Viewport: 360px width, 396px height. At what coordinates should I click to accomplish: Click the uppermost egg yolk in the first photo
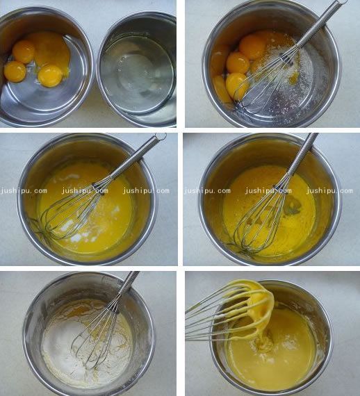[24, 51]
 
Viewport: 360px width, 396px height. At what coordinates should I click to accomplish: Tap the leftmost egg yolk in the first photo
[15, 72]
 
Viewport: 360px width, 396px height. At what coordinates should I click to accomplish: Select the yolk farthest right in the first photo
[50, 76]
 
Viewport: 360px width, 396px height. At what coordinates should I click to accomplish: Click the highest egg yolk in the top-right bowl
[253, 47]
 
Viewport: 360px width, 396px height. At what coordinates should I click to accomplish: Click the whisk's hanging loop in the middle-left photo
[161, 137]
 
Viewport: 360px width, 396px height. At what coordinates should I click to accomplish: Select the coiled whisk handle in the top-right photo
[320, 24]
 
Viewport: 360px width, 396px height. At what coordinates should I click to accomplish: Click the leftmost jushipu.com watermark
[24, 190]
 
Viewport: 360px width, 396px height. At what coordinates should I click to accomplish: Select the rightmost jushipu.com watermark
[329, 190]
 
